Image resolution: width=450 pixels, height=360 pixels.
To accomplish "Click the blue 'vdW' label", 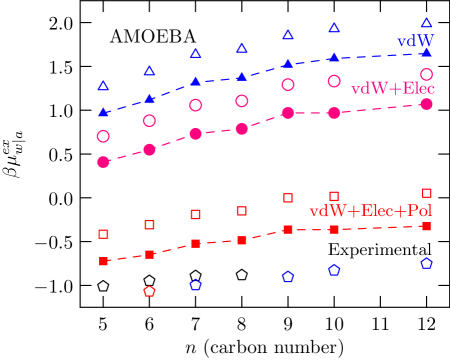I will point(415,41).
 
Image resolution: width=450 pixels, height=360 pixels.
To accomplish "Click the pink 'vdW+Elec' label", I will point(392,89).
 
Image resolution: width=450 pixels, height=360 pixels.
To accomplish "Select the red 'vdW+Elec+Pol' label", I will point(370,211).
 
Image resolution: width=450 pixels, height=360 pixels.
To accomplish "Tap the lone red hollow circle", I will point(149,292).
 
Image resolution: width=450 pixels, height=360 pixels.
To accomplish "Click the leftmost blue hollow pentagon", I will point(196,285).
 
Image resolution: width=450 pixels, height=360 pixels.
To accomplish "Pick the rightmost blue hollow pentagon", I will point(426,264).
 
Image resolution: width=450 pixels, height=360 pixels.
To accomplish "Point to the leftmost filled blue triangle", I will point(103,112).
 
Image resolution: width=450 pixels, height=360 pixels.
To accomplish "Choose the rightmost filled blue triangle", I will point(426,51).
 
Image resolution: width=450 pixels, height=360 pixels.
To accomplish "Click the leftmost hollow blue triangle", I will point(103,86).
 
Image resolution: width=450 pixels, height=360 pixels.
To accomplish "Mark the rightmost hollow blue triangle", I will point(426,22).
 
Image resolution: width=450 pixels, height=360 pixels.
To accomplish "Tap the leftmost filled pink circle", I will point(103,161).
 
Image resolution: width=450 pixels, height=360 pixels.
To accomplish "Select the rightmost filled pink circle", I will point(426,104).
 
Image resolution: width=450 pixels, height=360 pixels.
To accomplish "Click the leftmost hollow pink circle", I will point(103,136).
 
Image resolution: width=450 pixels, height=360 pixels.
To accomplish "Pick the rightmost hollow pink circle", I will point(426,74).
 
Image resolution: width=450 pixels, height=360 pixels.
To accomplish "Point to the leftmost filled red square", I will point(103,261).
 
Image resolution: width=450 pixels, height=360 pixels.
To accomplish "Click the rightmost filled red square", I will point(426,227).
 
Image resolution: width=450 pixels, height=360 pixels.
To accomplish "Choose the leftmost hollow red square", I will point(103,234).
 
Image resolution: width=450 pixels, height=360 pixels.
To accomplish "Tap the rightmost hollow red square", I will point(426,193).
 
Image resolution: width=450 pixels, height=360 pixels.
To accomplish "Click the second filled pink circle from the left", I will point(149,149).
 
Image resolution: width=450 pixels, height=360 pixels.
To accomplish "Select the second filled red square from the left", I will point(149,255).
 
